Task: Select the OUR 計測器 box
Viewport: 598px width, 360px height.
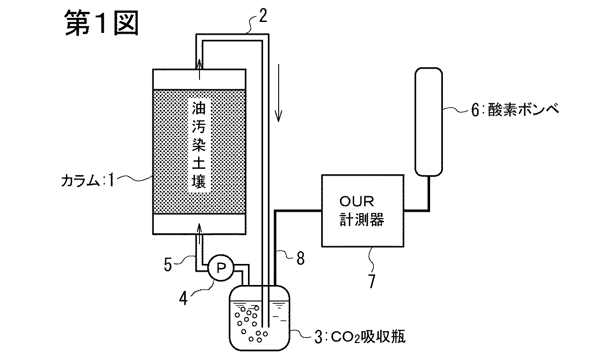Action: click(x=363, y=211)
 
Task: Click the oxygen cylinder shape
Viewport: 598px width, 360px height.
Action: click(x=429, y=121)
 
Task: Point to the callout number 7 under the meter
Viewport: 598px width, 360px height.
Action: click(x=371, y=280)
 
